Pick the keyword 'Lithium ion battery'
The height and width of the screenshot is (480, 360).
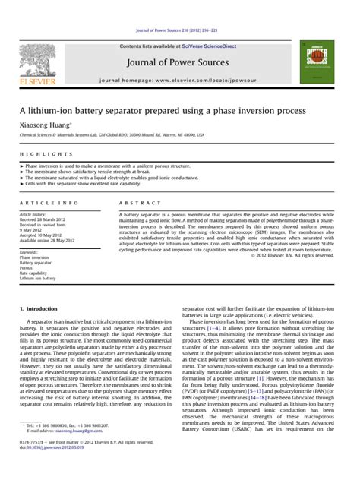click(38, 279)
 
